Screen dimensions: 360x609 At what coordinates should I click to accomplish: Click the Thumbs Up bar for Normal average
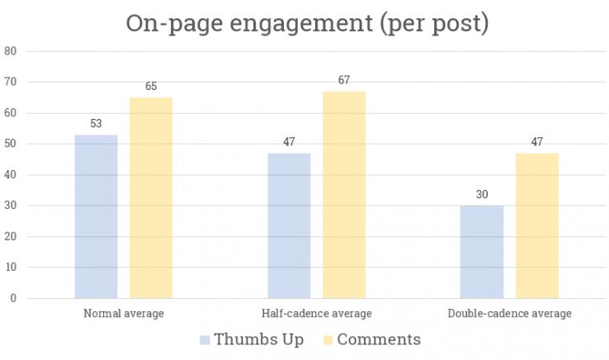[x=96, y=216]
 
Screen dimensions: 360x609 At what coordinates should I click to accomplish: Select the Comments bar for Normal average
[x=151, y=198]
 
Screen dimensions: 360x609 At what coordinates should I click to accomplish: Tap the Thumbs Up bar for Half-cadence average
[x=289, y=225]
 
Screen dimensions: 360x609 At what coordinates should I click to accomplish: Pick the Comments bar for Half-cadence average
[x=344, y=195]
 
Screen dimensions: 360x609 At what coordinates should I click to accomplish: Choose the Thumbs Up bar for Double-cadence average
[x=482, y=252]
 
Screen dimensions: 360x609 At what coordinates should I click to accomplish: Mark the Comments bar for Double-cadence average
[x=537, y=225]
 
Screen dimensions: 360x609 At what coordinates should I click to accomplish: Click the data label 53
[x=96, y=124]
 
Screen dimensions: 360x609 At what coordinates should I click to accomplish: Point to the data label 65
[x=151, y=87]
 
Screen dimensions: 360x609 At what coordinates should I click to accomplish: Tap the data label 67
[x=344, y=80]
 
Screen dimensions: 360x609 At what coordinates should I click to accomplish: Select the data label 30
[x=482, y=195]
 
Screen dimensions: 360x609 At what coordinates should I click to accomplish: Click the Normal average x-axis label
[x=124, y=314]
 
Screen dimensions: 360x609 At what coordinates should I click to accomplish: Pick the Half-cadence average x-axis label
[x=317, y=314]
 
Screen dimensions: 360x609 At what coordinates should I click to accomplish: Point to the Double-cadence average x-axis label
[x=509, y=314]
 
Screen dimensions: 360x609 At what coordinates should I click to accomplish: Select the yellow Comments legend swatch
[x=325, y=340]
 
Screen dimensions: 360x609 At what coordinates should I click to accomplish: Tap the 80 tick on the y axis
[x=11, y=51]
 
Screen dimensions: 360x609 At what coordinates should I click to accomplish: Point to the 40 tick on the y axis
[x=11, y=175]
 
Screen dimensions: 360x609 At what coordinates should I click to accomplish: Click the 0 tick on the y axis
[x=14, y=298]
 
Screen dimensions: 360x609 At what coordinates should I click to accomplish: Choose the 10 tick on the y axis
[x=11, y=268]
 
